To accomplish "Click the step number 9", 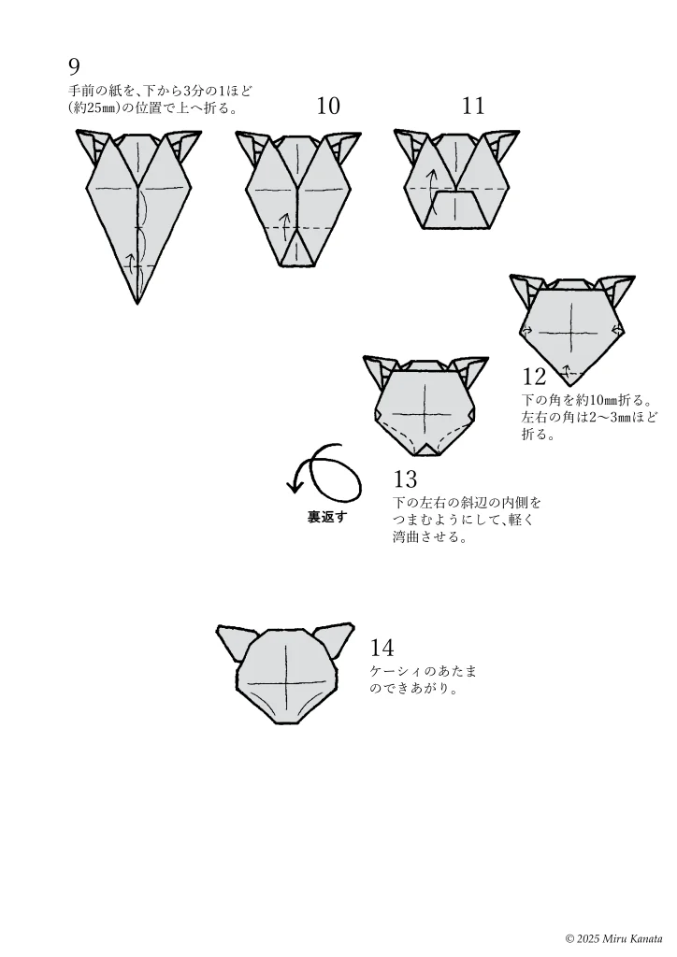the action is pyautogui.click(x=74, y=65).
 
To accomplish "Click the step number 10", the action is pyautogui.click(x=328, y=107).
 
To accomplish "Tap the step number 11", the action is pyautogui.click(x=473, y=107).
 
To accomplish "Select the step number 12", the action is pyautogui.click(x=534, y=377).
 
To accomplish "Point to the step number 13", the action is pyautogui.click(x=405, y=479).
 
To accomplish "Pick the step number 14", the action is pyautogui.click(x=382, y=647).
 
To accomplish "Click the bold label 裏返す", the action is pyautogui.click(x=326, y=517).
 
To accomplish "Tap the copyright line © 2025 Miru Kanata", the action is pyautogui.click(x=613, y=938).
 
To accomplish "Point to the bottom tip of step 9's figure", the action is pyautogui.click(x=137, y=303).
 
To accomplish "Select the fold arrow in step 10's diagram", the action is pyautogui.click(x=284, y=223).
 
